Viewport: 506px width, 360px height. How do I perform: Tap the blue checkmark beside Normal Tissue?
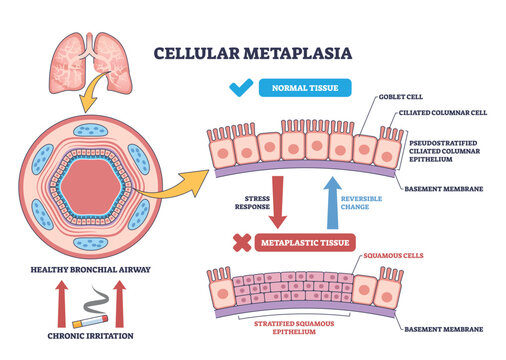coord(239,89)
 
